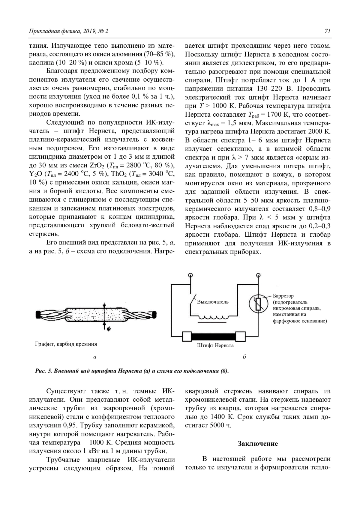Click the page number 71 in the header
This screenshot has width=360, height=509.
[327, 31]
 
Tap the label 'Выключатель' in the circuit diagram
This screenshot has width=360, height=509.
[213, 302]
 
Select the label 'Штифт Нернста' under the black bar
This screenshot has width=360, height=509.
[215, 346]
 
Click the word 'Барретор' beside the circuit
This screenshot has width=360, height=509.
[283, 296]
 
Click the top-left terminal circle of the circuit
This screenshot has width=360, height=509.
[190, 275]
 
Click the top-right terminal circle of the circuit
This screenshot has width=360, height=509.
[258, 275]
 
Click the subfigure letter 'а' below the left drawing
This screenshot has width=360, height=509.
[95, 357]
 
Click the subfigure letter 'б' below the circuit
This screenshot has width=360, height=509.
[244, 357]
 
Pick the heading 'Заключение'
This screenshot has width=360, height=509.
[258, 444]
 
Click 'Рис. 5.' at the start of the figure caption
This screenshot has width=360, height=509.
[44, 371]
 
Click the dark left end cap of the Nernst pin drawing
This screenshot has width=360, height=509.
[38, 315]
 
